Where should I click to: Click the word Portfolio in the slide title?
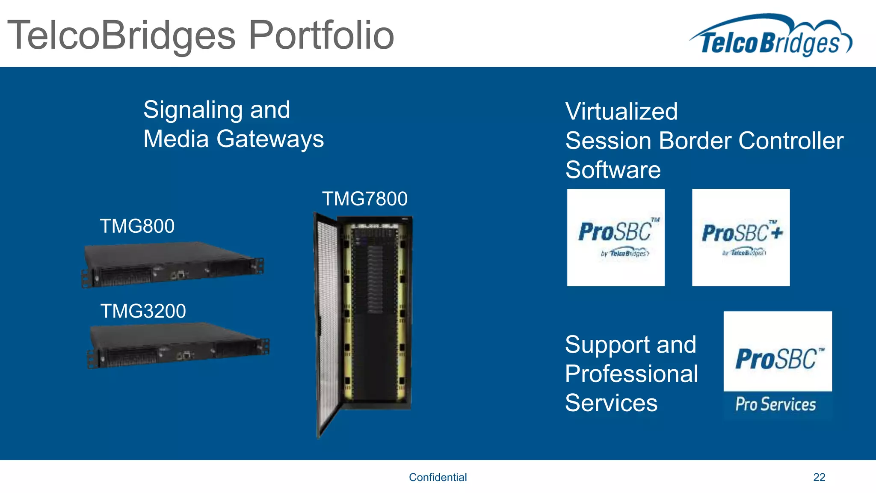[x=321, y=35]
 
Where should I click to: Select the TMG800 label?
[x=137, y=226]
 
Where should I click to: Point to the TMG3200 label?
[x=143, y=311]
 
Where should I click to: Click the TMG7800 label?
[x=364, y=199]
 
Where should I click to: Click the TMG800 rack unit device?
[x=173, y=264]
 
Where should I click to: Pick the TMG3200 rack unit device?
[x=178, y=345]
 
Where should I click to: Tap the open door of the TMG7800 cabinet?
[x=327, y=325]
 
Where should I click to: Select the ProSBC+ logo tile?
[x=741, y=238]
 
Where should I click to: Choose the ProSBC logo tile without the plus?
[x=616, y=238]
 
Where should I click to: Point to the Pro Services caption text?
[x=775, y=404]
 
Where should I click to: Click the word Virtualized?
[x=621, y=112]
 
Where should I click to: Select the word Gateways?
[x=270, y=140]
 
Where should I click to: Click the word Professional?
[x=631, y=374]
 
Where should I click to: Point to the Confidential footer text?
[x=438, y=477]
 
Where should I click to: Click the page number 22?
[x=819, y=477]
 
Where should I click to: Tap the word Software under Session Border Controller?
[x=613, y=170]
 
